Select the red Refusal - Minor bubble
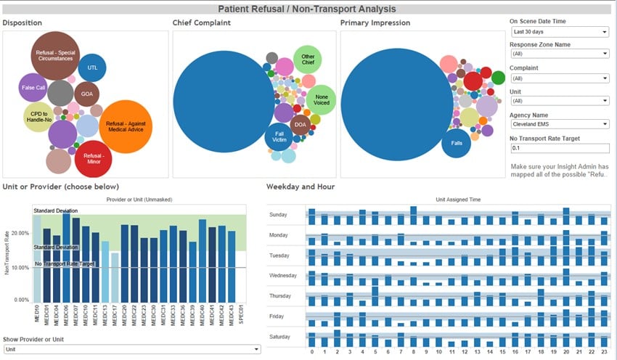tap(93, 159)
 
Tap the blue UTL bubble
tap(92, 67)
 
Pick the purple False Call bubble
tap(33, 88)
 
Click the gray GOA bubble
tap(86, 94)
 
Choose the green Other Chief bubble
tap(308, 60)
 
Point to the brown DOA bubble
tap(301, 126)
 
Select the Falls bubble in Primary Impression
tap(456, 143)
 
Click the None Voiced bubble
tap(320, 100)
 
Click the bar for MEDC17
tap(115, 277)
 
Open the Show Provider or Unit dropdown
tap(131, 349)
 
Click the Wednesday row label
tap(283, 277)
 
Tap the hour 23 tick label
tap(604, 352)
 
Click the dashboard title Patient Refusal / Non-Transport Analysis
tap(308, 9)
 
